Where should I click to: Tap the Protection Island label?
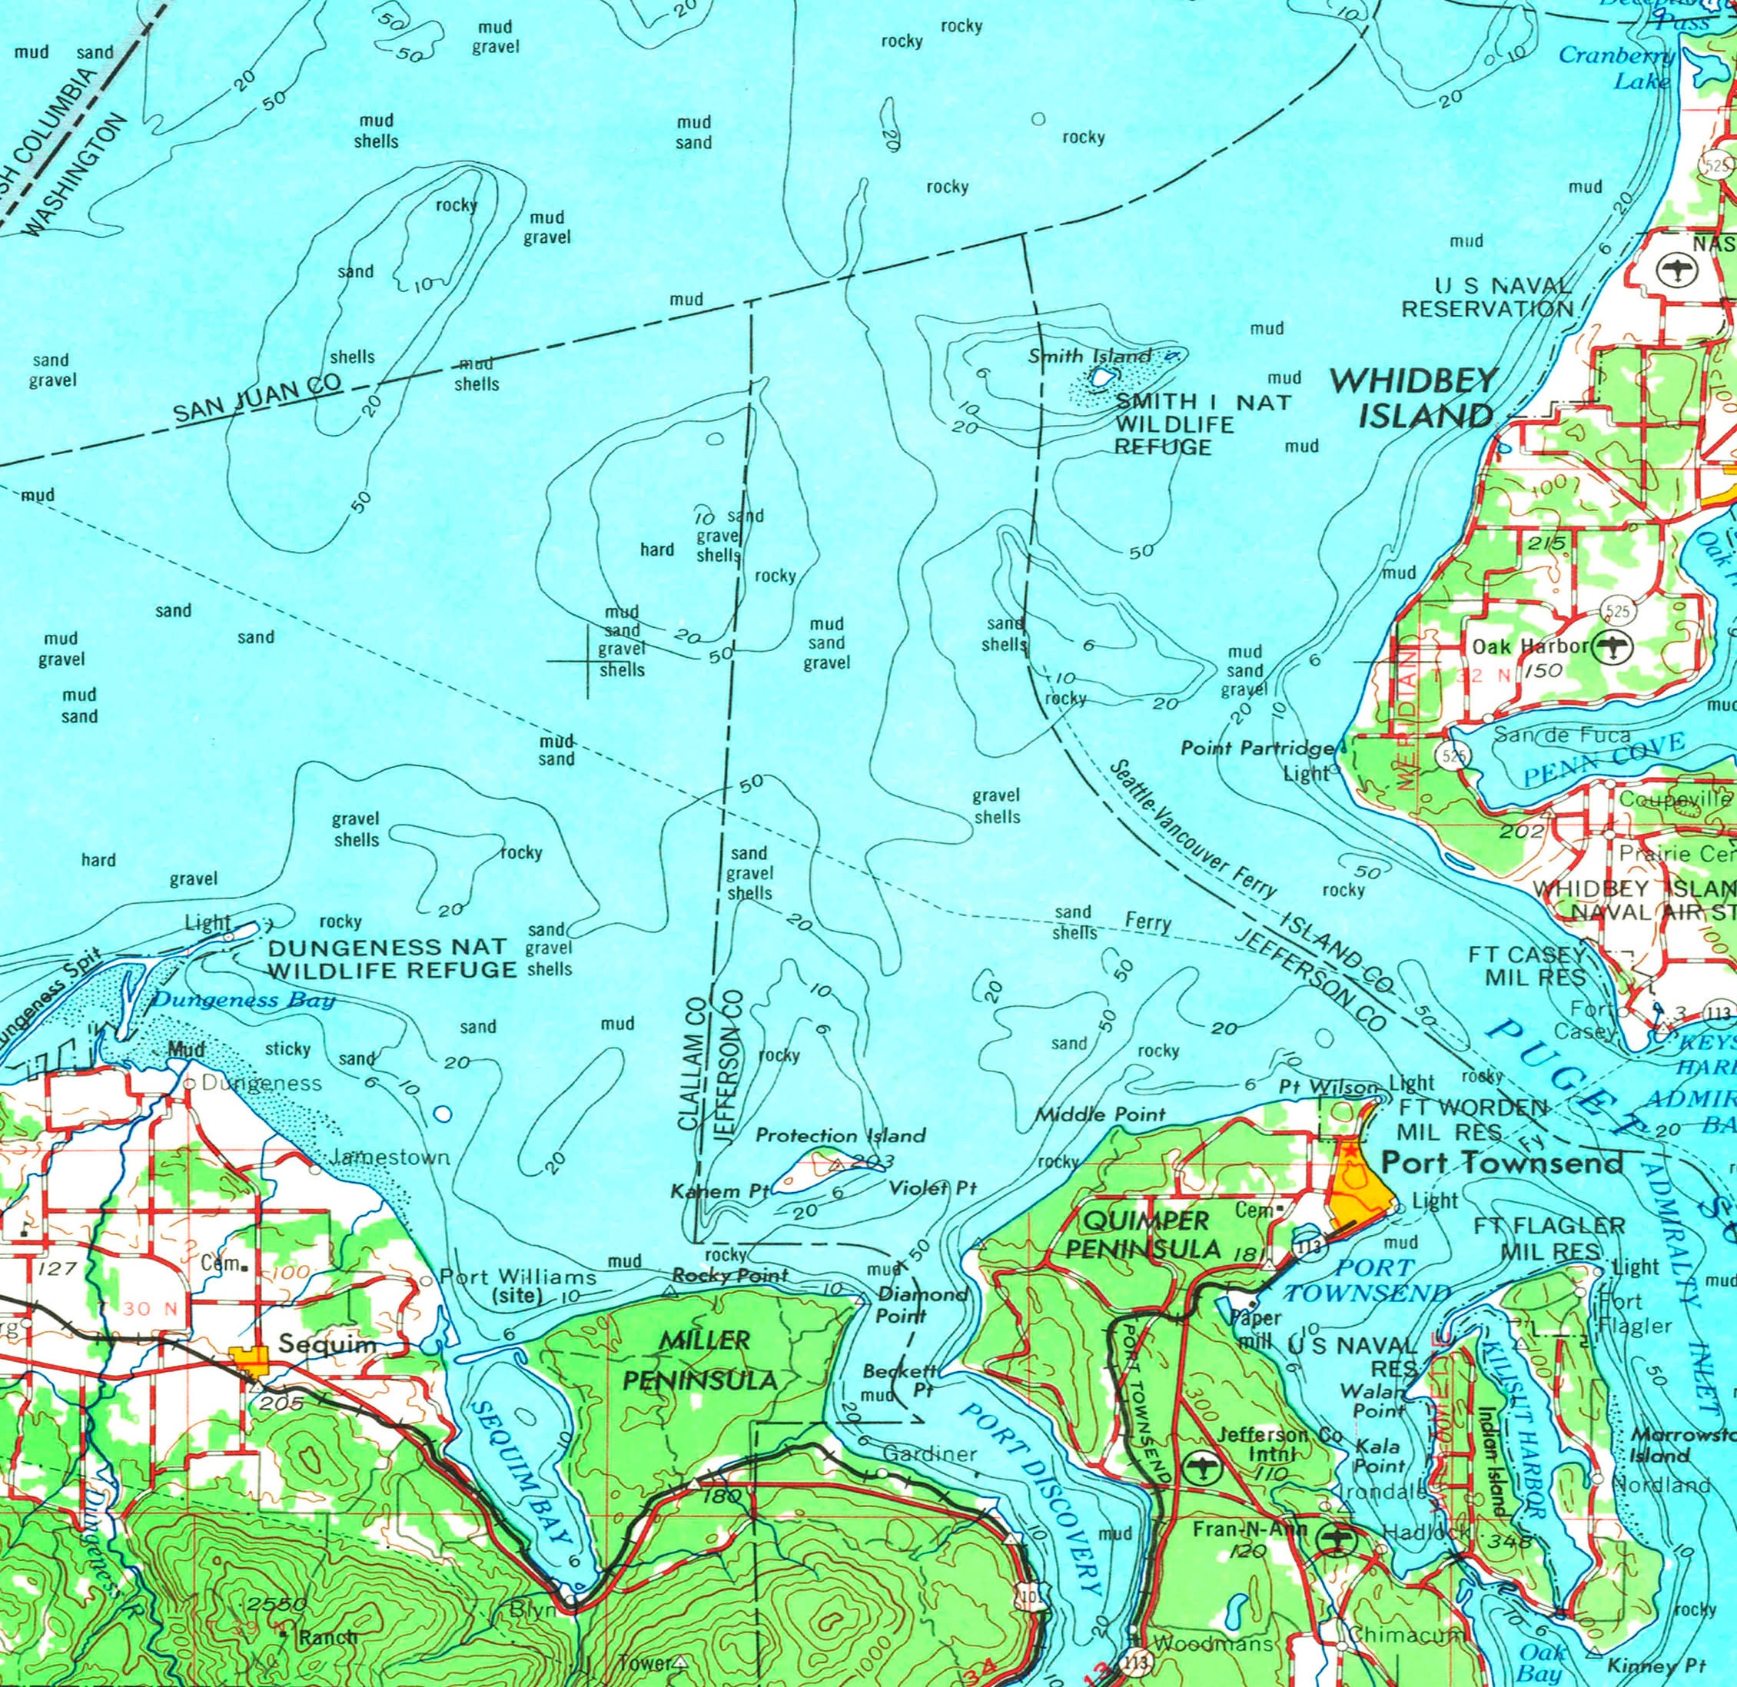pos(839,1135)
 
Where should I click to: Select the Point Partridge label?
pos(1256,749)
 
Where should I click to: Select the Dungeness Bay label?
pos(244,1001)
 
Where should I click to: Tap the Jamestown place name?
pos(390,1157)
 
